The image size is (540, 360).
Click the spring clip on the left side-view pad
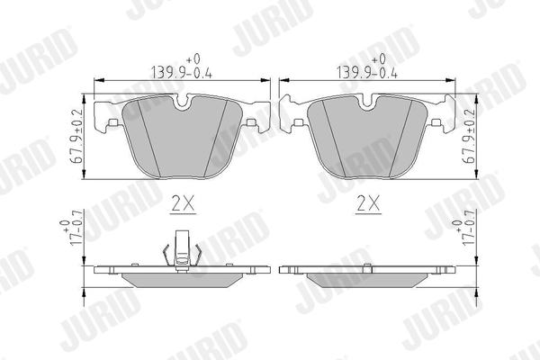point(183,249)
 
